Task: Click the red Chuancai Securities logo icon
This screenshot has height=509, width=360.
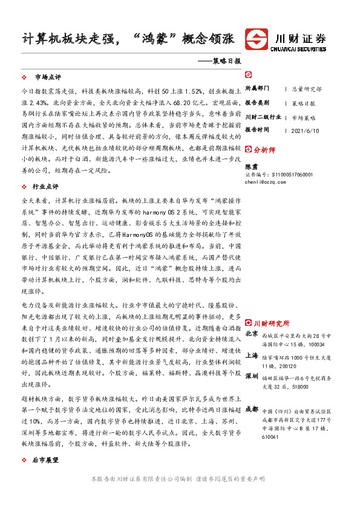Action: click(255, 38)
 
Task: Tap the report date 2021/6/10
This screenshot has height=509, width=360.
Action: click(304, 129)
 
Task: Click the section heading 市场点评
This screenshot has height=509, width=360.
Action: click(48, 78)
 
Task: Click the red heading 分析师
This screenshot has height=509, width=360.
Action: click(264, 149)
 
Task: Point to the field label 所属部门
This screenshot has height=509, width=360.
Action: click(257, 88)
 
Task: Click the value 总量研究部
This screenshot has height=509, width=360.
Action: click(307, 88)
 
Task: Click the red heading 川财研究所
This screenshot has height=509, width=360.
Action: click(270, 323)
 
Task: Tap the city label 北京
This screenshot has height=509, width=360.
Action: click(252, 333)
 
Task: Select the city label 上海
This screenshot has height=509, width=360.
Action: click(252, 356)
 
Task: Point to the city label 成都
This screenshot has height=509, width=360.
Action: click(252, 409)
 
